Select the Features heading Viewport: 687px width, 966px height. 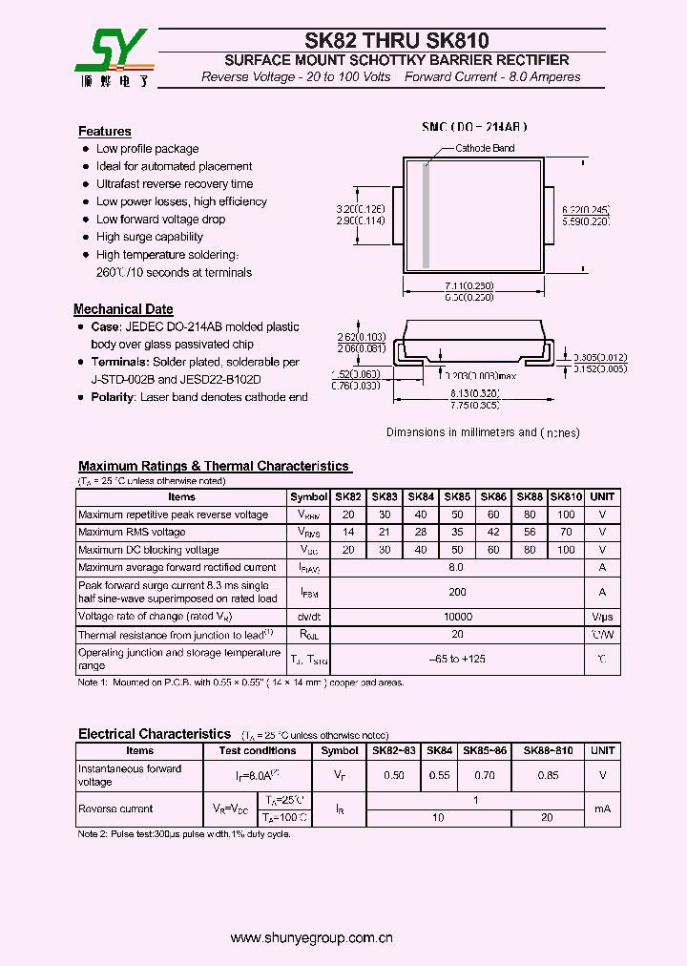[x=104, y=132]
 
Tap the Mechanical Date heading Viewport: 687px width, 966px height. [x=123, y=309]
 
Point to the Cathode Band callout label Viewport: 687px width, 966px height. [x=485, y=148]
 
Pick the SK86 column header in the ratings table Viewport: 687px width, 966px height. [x=493, y=497]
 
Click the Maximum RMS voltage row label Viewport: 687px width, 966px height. [x=132, y=533]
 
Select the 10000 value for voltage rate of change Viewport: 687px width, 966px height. [x=457, y=618]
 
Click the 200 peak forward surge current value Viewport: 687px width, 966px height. [x=457, y=592]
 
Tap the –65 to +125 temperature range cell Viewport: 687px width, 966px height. [x=457, y=660]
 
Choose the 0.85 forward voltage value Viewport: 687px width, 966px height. [x=548, y=776]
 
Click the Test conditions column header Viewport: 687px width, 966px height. [x=258, y=751]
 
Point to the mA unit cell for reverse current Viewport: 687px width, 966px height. [x=602, y=808]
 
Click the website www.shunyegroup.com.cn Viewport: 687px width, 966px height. [x=312, y=938]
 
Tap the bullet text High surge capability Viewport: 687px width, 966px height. [x=149, y=237]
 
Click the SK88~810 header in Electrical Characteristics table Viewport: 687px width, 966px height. [x=548, y=751]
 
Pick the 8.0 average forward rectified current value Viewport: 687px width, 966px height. [x=457, y=567]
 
